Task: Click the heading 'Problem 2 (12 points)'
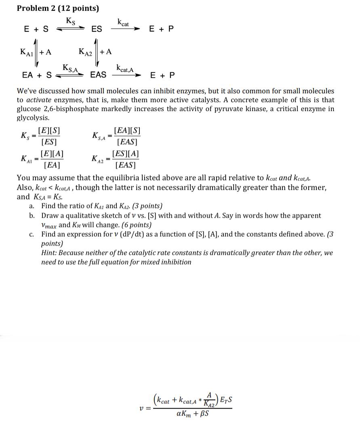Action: point(58,8)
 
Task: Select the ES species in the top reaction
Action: point(97,29)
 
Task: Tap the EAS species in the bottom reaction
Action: point(98,75)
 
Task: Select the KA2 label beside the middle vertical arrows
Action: point(87,52)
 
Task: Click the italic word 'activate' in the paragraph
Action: point(38,100)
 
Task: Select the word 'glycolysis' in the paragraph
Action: point(33,118)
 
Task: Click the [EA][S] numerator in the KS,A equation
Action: point(127,131)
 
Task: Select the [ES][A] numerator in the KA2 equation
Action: point(126,154)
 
